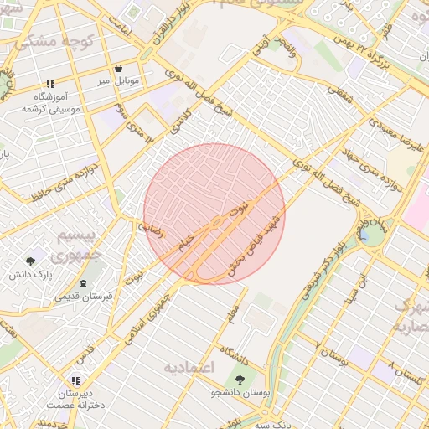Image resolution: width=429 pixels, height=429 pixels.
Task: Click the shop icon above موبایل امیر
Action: (117, 69)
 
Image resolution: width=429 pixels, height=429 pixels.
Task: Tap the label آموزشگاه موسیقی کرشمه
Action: (54, 103)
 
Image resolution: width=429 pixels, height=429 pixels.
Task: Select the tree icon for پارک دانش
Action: (31, 261)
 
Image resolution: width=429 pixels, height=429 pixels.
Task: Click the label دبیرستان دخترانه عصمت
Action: (76, 398)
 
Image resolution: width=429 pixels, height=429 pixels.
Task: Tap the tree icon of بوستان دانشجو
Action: (240, 379)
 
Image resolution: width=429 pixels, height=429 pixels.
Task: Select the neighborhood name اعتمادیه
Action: (189, 367)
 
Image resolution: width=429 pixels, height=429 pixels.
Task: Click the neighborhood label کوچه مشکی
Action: (48, 41)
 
